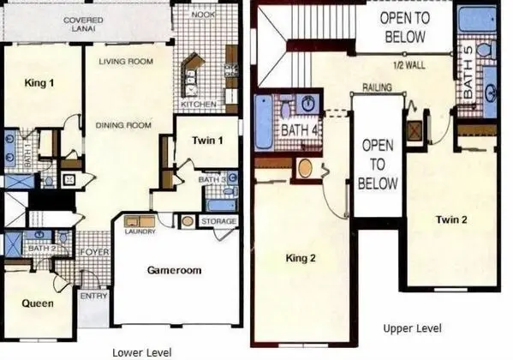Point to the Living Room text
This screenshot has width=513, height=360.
click(124, 61)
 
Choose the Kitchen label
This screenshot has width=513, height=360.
click(200, 105)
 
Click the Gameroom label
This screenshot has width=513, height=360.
click(175, 270)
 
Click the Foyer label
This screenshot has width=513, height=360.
click(92, 251)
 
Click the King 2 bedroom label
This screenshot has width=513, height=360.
click(302, 255)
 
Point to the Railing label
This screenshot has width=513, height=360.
click(378, 87)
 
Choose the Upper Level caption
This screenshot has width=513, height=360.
click(411, 328)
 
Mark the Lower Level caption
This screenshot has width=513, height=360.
click(143, 351)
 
